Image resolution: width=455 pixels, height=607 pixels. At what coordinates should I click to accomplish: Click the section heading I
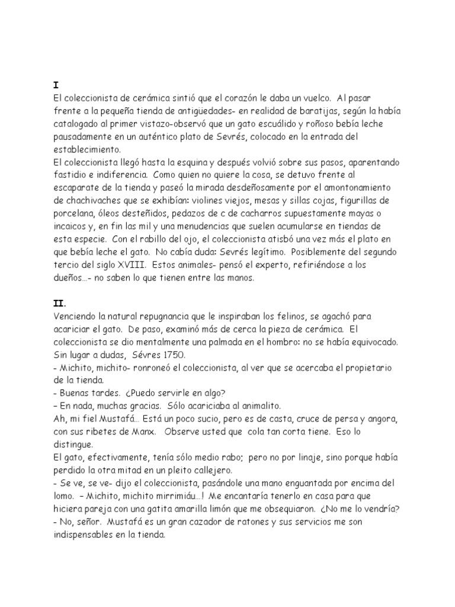(x=55, y=85)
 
